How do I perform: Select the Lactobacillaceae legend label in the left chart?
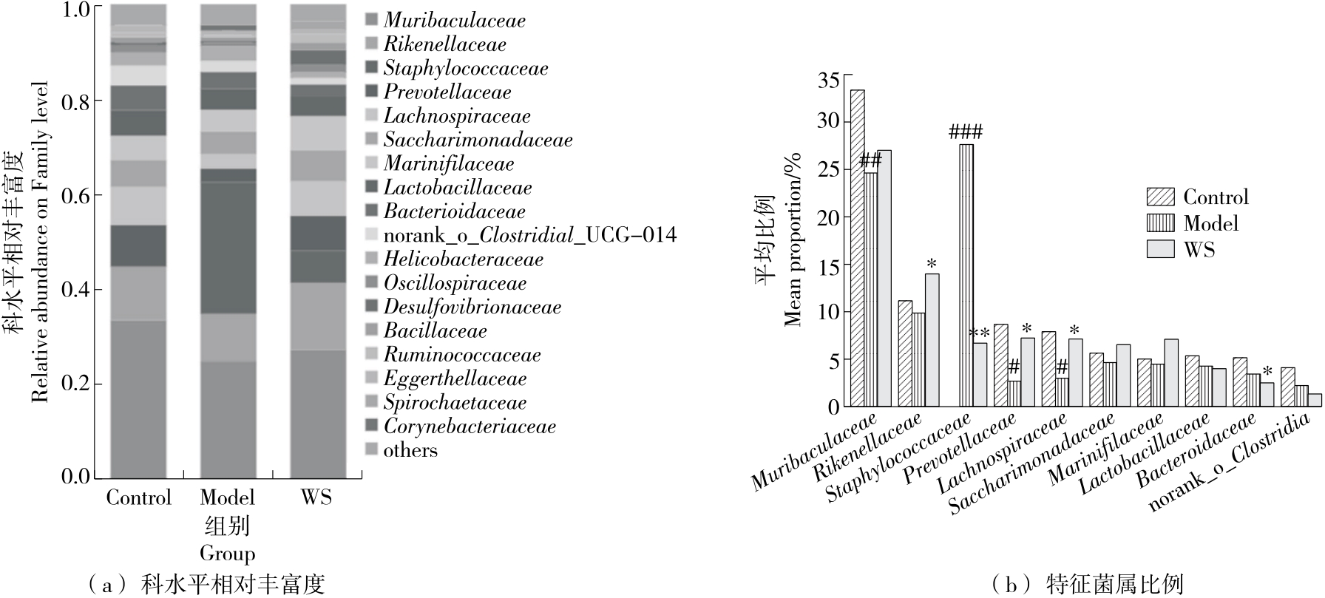[457, 188]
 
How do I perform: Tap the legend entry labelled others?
[410, 450]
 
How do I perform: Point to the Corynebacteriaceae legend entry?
[469, 427]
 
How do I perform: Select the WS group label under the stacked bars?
[317, 497]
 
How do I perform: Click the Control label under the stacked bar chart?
[138, 497]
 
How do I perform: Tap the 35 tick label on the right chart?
[828, 79]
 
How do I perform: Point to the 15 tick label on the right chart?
[828, 265]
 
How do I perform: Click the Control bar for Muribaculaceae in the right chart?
[858, 248]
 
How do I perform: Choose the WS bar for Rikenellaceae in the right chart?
[932, 340]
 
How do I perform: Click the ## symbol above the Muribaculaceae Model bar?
[871, 160]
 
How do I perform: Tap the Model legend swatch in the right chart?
[1161, 223]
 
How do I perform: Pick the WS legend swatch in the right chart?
[1161, 249]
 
